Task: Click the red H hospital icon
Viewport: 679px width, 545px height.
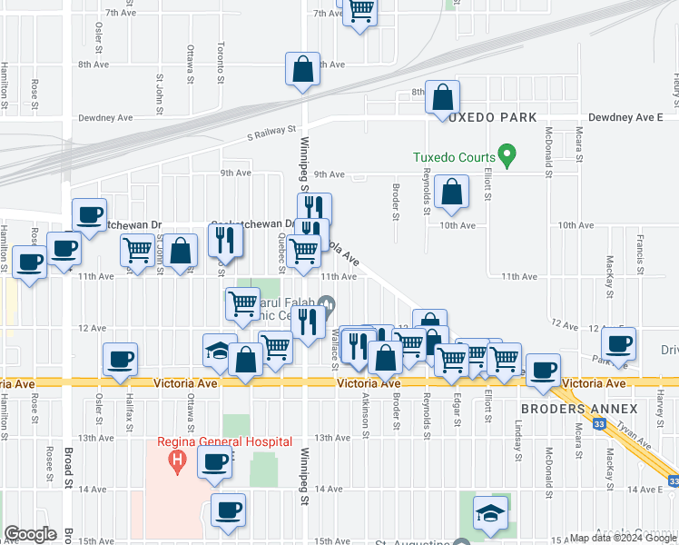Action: [178, 461]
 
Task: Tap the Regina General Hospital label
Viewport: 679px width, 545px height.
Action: [229, 441]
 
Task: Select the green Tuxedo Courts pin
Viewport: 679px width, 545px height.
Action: [508, 155]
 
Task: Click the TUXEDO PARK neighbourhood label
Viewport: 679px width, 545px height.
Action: [490, 117]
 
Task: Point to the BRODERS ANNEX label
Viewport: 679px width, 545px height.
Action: [580, 410]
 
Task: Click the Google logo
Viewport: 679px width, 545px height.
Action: [31, 534]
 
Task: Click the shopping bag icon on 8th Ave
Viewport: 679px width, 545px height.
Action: [303, 69]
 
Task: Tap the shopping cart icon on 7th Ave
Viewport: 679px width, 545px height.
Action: [360, 11]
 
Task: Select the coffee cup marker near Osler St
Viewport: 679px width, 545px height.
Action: [121, 359]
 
